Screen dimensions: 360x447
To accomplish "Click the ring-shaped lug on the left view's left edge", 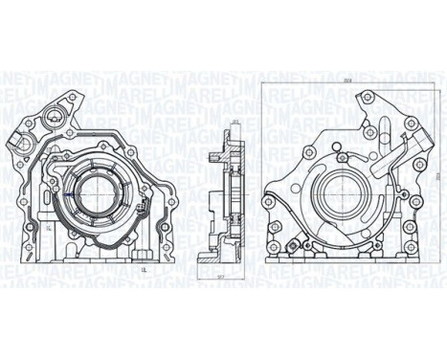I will [x=16, y=142].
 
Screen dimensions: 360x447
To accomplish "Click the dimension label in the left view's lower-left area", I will [x=47, y=230].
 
